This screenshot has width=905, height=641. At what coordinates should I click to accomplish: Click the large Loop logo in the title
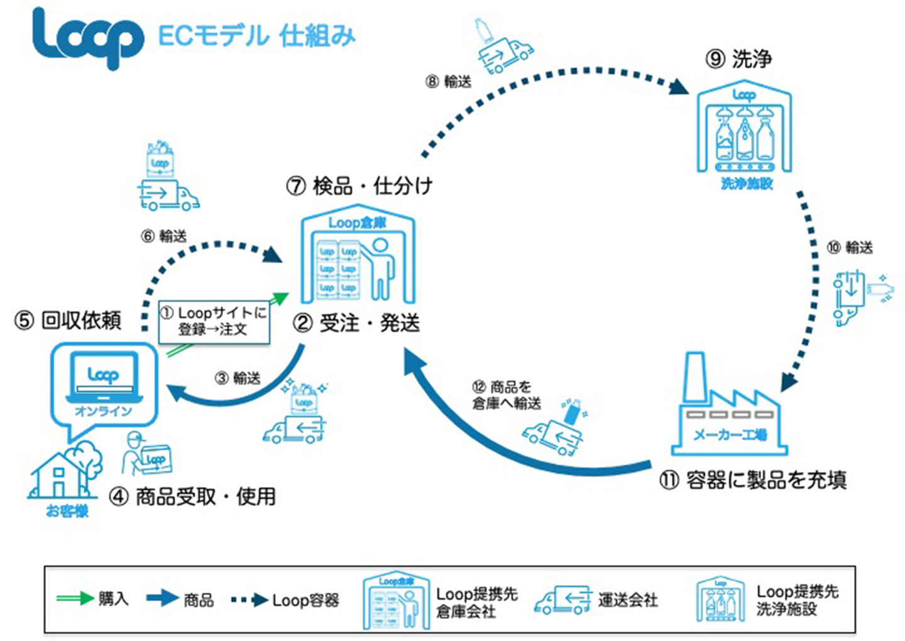coord(87,38)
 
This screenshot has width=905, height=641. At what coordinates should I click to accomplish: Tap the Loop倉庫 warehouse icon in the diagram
coord(358,258)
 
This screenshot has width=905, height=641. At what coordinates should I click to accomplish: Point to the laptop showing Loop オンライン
coord(104,380)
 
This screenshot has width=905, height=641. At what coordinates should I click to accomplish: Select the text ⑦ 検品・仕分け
coord(359,186)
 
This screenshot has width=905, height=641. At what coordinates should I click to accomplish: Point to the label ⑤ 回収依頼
coord(68,320)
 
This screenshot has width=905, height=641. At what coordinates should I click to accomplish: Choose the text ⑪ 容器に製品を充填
coord(753,481)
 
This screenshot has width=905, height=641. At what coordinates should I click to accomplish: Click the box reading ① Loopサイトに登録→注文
coord(214,321)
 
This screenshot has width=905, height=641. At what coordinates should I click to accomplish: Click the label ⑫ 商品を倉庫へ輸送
coord(507,395)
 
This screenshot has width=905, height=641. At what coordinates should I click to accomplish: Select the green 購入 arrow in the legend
coord(75,598)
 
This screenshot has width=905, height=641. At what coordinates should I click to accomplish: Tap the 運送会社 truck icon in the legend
coord(562,600)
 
